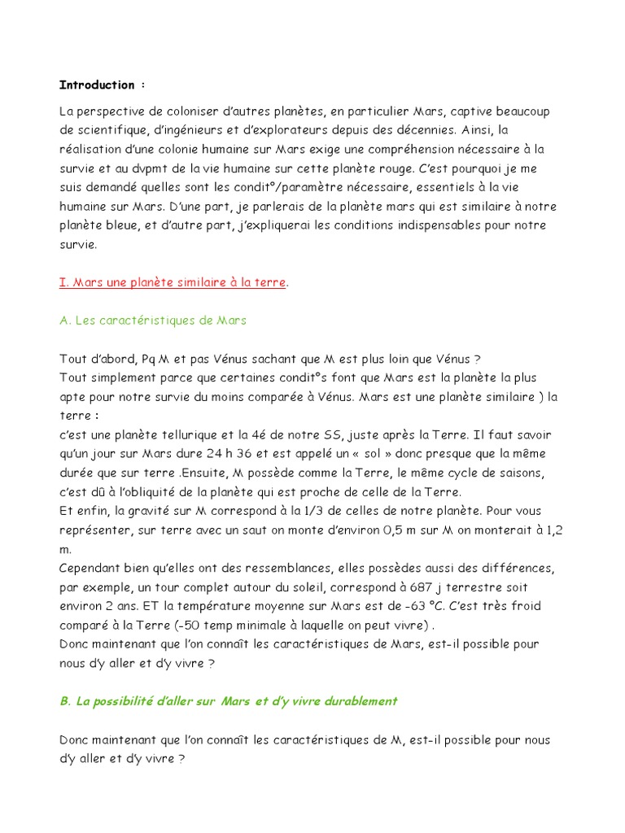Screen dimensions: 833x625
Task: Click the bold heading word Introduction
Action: [96, 85]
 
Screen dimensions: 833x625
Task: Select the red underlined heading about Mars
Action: [173, 282]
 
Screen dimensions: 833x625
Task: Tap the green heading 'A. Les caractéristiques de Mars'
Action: [153, 321]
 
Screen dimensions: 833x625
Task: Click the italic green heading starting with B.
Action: [229, 700]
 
